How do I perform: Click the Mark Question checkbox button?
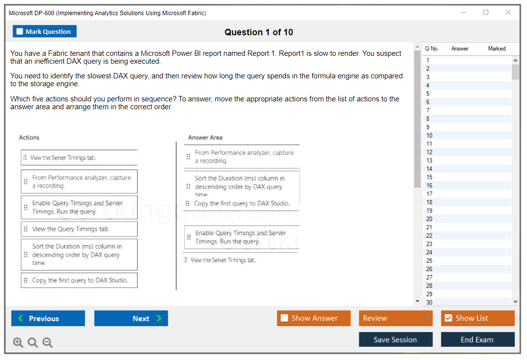pyautogui.click(x=45, y=31)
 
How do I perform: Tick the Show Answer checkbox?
pyautogui.click(x=284, y=318)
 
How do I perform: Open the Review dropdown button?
pyautogui.click(x=396, y=318)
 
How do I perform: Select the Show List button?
pyautogui.click(x=477, y=318)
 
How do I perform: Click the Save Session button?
pyautogui.click(x=395, y=339)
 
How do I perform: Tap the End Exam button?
pyautogui.click(x=477, y=339)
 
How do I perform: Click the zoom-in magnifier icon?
pyautogui.click(x=18, y=342)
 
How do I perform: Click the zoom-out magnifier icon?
pyautogui.click(x=48, y=342)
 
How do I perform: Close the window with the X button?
pyautogui.click(x=508, y=13)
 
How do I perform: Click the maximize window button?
pyautogui.click(x=486, y=13)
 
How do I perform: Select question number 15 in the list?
pyautogui.click(x=429, y=177)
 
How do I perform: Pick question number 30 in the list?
pyautogui.click(x=429, y=302)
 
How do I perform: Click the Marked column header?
pyautogui.click(x=497, y=48)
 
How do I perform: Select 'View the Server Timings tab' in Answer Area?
pyautogui.click(x=223, y=260)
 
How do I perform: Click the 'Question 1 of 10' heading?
pyautogui.click(x=258, y=32)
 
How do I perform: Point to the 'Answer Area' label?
pyautogui.click(x=205, y=138)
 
